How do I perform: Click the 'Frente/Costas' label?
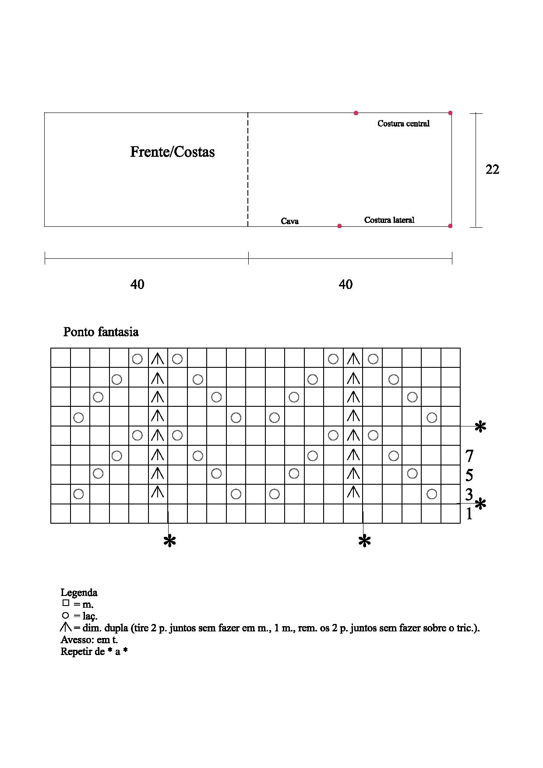pos(172,152)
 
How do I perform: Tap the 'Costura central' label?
pos(403,123)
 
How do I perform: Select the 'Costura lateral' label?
pos(389,220)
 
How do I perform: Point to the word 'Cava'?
pos(289,221)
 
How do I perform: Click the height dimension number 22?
pos(492,169)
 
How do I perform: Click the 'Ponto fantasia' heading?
pos(101,332)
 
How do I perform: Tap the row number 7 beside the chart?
pos(469,456)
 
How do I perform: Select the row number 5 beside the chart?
pos(469,475)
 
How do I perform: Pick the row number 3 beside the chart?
pos(469,494)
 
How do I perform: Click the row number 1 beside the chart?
pos(469,514)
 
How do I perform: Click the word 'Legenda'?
pos(79,592)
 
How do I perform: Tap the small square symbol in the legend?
pos(66,603)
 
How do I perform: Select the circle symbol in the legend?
pos(66,615)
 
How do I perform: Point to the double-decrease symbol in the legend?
pos(66,627)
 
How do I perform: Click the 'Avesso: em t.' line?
pos(89,639)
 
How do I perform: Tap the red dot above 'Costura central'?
pos(356,113)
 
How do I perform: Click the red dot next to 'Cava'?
pos(339,226)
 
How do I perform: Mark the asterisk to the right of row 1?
pos(480,504)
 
